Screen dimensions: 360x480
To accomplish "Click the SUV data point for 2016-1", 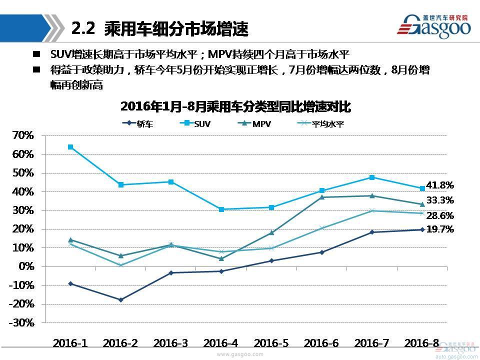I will [70, 147].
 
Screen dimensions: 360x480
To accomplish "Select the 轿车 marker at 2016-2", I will [120, 300].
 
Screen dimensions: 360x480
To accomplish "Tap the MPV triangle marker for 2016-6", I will [322, 197].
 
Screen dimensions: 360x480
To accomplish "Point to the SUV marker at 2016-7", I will [372, 177].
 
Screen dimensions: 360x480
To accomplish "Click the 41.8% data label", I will [440, 185].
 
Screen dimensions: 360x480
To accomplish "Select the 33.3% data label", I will [440, 200].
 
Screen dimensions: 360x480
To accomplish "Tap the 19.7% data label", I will [440, 229].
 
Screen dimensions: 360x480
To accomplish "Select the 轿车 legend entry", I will [138, 123].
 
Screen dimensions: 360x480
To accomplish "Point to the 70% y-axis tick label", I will [23, 135].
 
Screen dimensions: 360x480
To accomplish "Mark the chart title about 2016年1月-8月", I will [236, 106].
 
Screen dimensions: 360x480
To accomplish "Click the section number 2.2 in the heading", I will [83, 28].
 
